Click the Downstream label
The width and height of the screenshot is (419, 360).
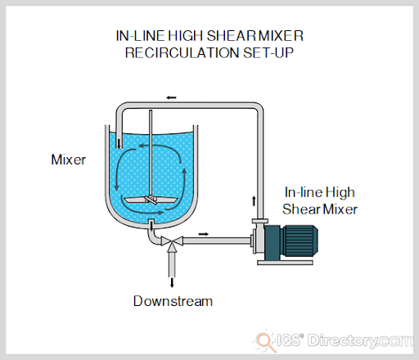tap(173, 301)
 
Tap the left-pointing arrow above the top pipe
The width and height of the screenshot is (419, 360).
tap(171, 97)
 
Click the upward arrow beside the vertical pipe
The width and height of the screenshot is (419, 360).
tap(252, 200)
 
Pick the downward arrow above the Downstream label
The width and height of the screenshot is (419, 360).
tap(171, 281)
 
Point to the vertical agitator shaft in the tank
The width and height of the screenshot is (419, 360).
tap(151, 155)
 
